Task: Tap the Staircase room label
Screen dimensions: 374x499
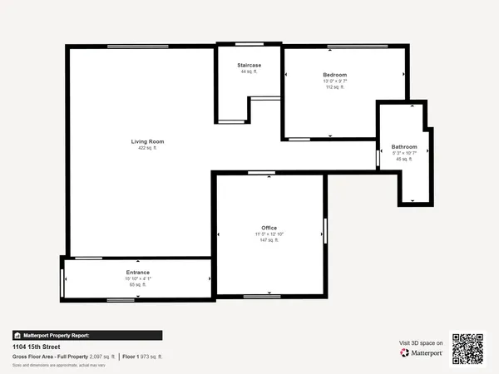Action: (249, 64)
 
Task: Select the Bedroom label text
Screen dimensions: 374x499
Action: (334, 75)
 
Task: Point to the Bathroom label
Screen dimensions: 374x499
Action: (404, 146)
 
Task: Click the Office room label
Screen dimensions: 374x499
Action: (268, 228)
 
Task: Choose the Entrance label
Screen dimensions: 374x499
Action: (138, 272)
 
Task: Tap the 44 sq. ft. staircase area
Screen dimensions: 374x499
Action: (249, 71)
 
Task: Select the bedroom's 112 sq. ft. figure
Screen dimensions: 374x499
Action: (334, 86)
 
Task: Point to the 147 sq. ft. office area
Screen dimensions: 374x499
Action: (268, 241)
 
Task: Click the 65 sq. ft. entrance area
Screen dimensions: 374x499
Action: (138, 285)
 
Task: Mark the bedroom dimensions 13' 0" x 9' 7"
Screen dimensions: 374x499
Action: (334, 81)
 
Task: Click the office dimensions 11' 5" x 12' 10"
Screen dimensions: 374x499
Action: (268, 234)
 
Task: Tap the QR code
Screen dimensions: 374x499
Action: (467, 348)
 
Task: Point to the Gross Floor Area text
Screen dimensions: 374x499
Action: (62, 356)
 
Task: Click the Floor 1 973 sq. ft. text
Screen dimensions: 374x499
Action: (142, 356)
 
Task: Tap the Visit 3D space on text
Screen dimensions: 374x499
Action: (421, 342)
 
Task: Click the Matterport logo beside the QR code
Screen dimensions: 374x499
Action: (421, 352)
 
